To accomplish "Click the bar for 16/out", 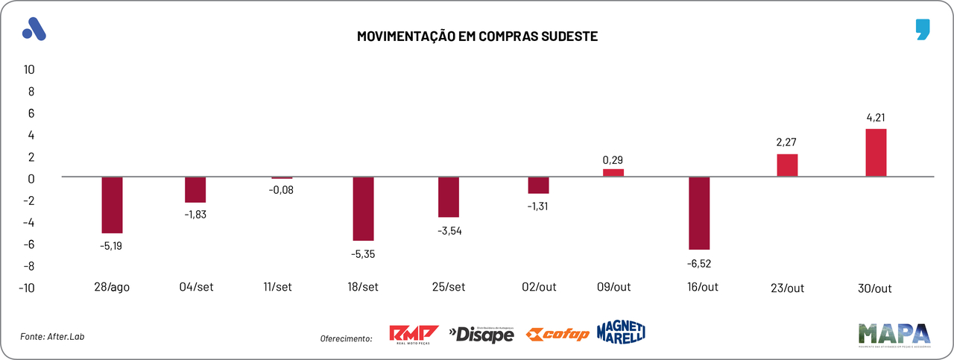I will click(x=699, y=213).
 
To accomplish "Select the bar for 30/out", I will click(x=875, y=153).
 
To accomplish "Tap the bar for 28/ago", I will click(x=112, y=205).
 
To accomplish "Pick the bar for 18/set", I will click(x=363, y=209).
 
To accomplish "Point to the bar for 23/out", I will click(x=787, y=165).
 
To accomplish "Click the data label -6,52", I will click(x=699, y=262).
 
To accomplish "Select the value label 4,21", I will click(x=875, y=117).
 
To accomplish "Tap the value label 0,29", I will click(x=613, y=160).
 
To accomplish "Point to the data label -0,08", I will click(x=282, y=190).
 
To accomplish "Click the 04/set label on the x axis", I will click(x=198, y=288).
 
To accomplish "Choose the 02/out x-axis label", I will click(x=539, y=288).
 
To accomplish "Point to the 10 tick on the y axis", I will click(x=30, y=69).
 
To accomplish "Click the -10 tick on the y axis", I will click(x=27, y=288).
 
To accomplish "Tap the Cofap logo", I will click(x=557, y=334).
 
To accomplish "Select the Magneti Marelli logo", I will click(x=621, y=332).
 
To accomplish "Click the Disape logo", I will click(x=481, y=335).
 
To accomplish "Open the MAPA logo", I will click(x=894, y=334).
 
